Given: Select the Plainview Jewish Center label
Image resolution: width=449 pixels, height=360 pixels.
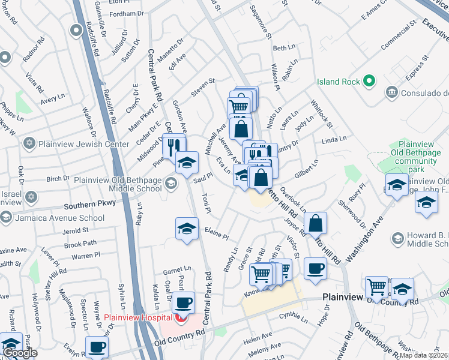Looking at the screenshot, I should [83, 144].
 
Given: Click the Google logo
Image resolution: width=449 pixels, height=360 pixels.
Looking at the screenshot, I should [20, 353].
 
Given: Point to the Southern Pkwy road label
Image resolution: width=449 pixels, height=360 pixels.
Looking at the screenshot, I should [89, 205].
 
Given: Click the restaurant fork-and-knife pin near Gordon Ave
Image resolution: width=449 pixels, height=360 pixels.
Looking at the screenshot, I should [174, 146].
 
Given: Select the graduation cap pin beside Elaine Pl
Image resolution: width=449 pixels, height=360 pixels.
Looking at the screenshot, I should [187, 228].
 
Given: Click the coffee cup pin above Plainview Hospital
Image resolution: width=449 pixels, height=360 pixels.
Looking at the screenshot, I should [184, 302].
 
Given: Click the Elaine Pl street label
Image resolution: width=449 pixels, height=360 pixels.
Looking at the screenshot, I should [217, 233].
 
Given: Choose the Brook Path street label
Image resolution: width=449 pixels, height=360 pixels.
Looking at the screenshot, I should [80, 244].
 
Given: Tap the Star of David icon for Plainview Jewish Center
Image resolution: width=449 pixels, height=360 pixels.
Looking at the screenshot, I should [28, 144].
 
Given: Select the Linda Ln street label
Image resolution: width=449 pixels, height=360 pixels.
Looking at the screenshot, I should [334, 139].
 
